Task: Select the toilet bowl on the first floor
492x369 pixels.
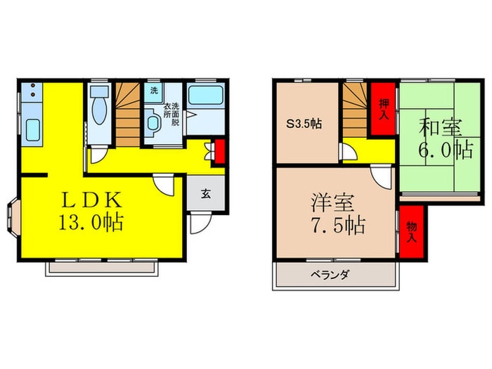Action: (98, 117)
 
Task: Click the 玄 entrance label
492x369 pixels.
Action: (208, 194)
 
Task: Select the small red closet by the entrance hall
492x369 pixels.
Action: (219, 150)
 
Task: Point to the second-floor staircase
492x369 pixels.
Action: (356, 109)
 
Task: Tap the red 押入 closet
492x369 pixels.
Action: (383, 109)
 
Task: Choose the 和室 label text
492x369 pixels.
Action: (442, 128)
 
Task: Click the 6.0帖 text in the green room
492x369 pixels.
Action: (445, 150)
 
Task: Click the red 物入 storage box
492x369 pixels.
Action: (411, 230)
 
